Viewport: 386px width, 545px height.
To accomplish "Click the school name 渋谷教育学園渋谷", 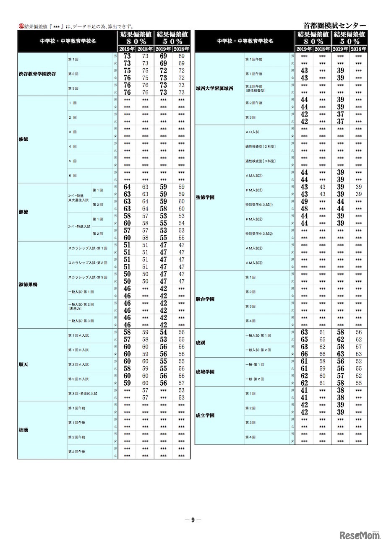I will point(37,74).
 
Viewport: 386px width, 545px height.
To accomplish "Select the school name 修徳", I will point(23,139).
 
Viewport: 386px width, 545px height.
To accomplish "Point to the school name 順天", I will point(23,365).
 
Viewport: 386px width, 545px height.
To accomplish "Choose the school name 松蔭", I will point(23,430).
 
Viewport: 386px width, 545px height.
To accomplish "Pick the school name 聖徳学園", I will point(205,197).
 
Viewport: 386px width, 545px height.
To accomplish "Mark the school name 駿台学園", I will point(205,299).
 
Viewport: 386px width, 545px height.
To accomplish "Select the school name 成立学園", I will point(205,415).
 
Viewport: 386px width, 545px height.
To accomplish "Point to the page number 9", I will point(193,520).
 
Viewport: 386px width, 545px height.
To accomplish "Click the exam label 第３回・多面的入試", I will point(83,394).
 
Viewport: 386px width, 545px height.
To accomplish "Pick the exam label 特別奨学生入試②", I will point(259,234).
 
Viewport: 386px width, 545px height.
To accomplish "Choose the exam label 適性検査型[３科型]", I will point(260,161).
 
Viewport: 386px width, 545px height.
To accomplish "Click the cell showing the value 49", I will point(305,201).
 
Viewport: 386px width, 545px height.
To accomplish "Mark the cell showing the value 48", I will point(305,208).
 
